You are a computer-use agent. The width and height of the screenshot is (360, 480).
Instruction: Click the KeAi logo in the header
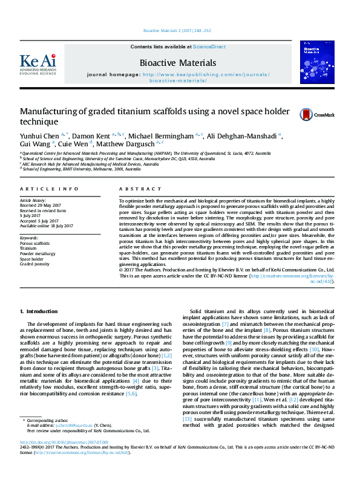39,63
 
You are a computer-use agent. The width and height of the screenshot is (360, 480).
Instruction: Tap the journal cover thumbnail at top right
318,62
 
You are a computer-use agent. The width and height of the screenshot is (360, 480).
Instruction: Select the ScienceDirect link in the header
209,46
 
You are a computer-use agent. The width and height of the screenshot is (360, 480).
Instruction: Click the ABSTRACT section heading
134,189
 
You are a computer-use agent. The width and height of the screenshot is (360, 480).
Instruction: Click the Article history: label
33,199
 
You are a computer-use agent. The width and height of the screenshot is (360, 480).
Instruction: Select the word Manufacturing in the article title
46,111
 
